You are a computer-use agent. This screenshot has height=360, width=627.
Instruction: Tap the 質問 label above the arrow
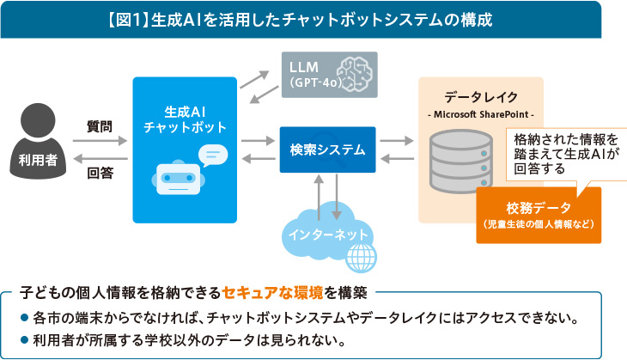pos(100,125)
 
